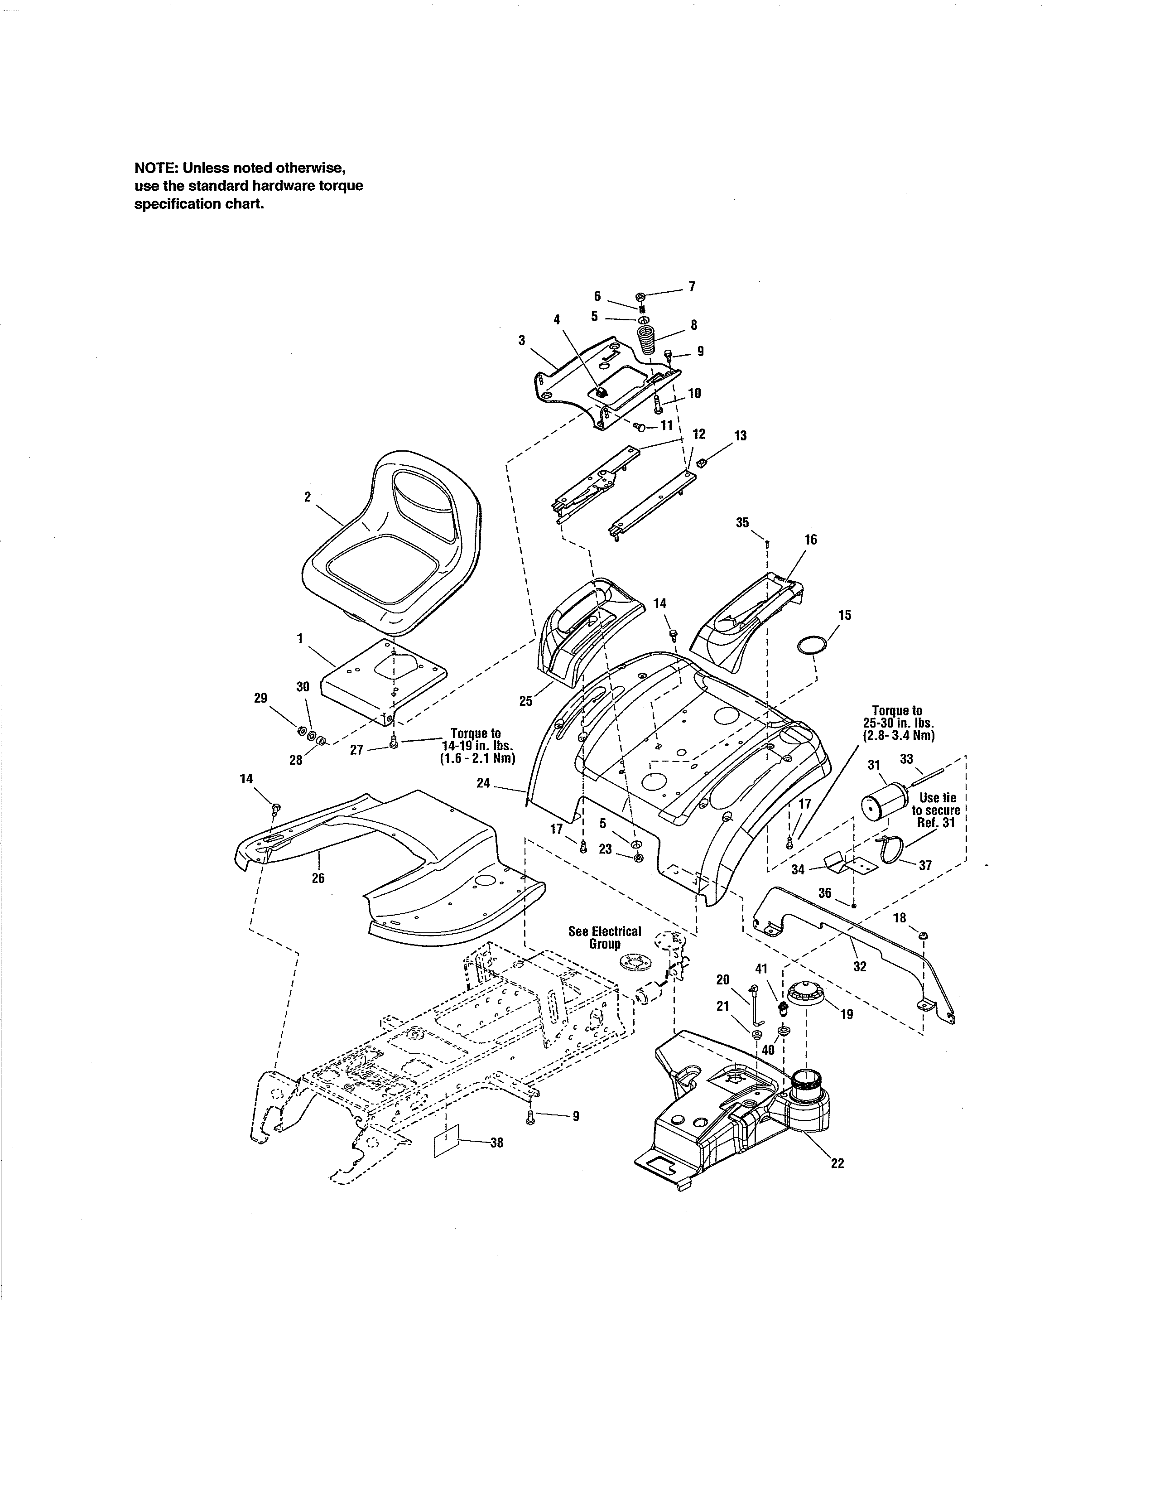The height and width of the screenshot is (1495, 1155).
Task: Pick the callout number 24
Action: [x=484, y=782]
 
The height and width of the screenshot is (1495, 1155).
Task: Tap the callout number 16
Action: [x=810, y=540]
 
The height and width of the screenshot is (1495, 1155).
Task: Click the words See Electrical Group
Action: [x=605, y=937]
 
